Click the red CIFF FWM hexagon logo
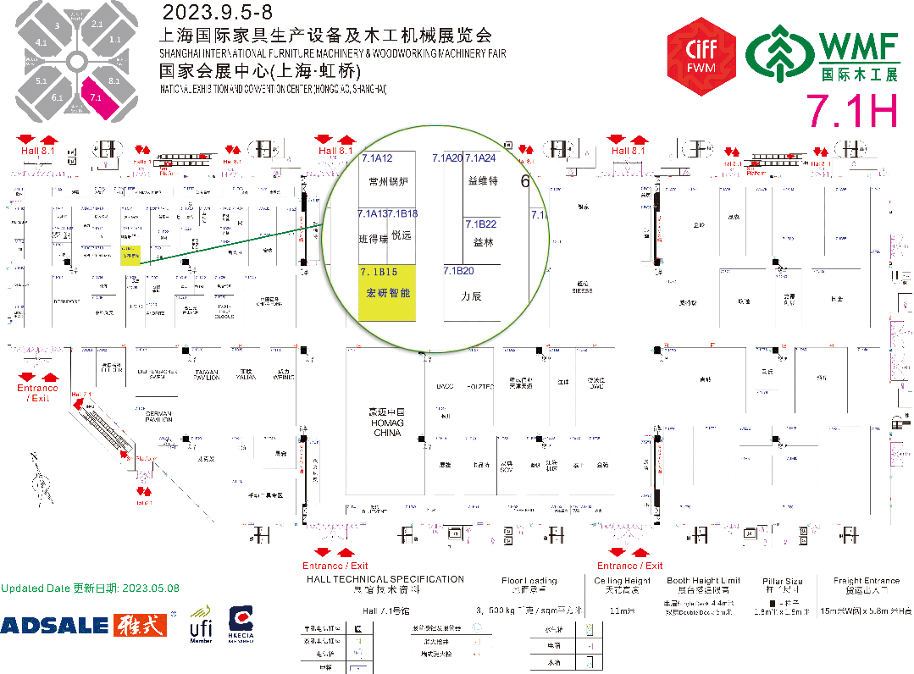coord(701,56)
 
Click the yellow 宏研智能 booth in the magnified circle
coord(387,292)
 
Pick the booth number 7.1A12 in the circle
coord(377,158)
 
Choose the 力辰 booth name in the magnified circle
coord(471,296)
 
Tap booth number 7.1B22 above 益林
coord(480,224)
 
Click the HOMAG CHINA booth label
coord(386,422)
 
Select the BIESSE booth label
coord(582,289)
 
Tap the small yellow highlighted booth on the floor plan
coord(130,256)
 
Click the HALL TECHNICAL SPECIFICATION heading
coord(385,579)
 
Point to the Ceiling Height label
coord(622,580)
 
